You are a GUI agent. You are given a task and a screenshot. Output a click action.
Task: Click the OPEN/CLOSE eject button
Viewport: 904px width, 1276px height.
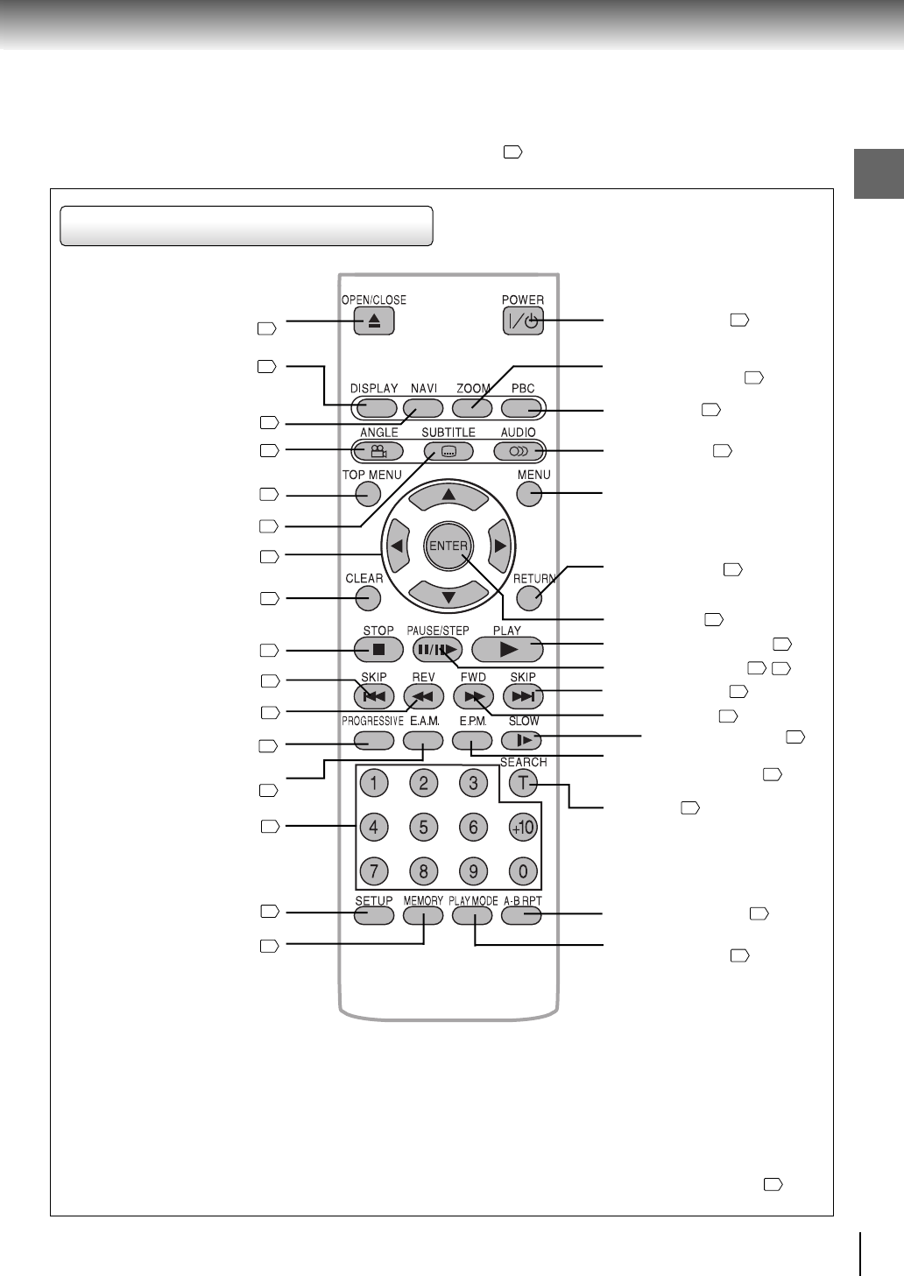tap(374, 321)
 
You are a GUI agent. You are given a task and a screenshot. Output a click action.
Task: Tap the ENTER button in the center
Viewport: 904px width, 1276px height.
tap(448, 546)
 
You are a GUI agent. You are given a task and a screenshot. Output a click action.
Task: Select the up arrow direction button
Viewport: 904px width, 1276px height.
tap(448, 497)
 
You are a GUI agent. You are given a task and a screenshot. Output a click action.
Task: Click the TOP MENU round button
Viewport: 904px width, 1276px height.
tap(368, 494)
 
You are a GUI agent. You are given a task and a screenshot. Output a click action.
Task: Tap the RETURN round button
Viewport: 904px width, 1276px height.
tap(529, 598)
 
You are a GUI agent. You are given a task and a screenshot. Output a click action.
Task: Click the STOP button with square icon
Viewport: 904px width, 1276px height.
tap(378, 650)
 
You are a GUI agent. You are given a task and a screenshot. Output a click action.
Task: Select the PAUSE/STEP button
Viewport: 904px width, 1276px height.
tap(437, 650)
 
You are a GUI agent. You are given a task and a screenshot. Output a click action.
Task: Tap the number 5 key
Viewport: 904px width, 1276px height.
tap(423, 827)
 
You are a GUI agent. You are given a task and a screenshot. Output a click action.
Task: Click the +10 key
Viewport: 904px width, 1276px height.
tap(523, 827)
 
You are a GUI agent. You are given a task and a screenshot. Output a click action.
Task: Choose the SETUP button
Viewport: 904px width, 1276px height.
tap(374, 915)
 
